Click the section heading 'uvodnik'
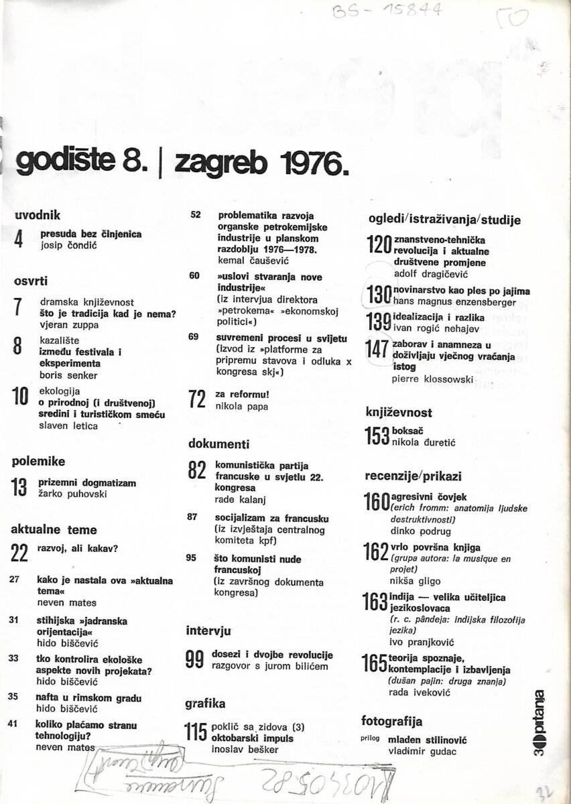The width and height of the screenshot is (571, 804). click(37, 215)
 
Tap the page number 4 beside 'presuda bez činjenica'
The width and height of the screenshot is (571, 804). click(19, 240)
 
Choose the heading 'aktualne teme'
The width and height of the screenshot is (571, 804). click(54, 529)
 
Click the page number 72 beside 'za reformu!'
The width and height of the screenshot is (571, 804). click(196, 400)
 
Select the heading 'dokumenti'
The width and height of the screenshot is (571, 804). click(218, 443)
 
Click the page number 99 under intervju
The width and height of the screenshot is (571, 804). click(195, 661)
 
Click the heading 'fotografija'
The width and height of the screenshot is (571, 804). click(391, 722)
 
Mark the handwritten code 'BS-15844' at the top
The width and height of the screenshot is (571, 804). click(403, 13)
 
